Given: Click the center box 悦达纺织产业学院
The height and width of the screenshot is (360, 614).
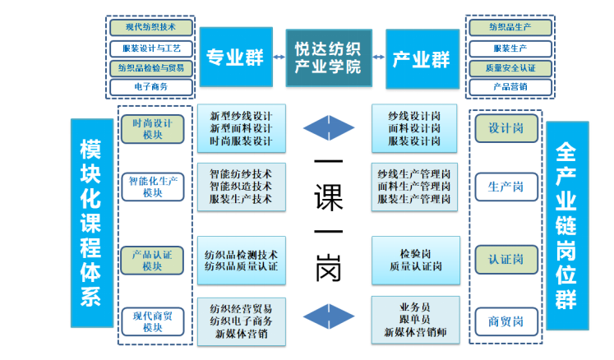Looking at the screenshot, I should tap(328, 58).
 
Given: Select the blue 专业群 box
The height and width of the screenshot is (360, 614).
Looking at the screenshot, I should tap(234, 58).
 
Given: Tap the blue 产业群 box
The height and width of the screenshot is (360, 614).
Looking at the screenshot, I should tap(422, 58).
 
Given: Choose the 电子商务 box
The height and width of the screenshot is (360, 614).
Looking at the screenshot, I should tap(151, 86).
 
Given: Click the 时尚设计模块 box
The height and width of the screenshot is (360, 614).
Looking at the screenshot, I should tap(153, 128).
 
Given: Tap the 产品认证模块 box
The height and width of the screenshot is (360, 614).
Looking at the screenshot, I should tap(153, 261).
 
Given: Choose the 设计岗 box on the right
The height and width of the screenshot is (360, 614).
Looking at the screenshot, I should tap(506, 128).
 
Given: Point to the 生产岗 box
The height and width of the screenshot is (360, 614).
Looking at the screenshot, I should tap(506, 187).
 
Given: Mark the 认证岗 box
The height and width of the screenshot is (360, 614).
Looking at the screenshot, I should tap(506, 261).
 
